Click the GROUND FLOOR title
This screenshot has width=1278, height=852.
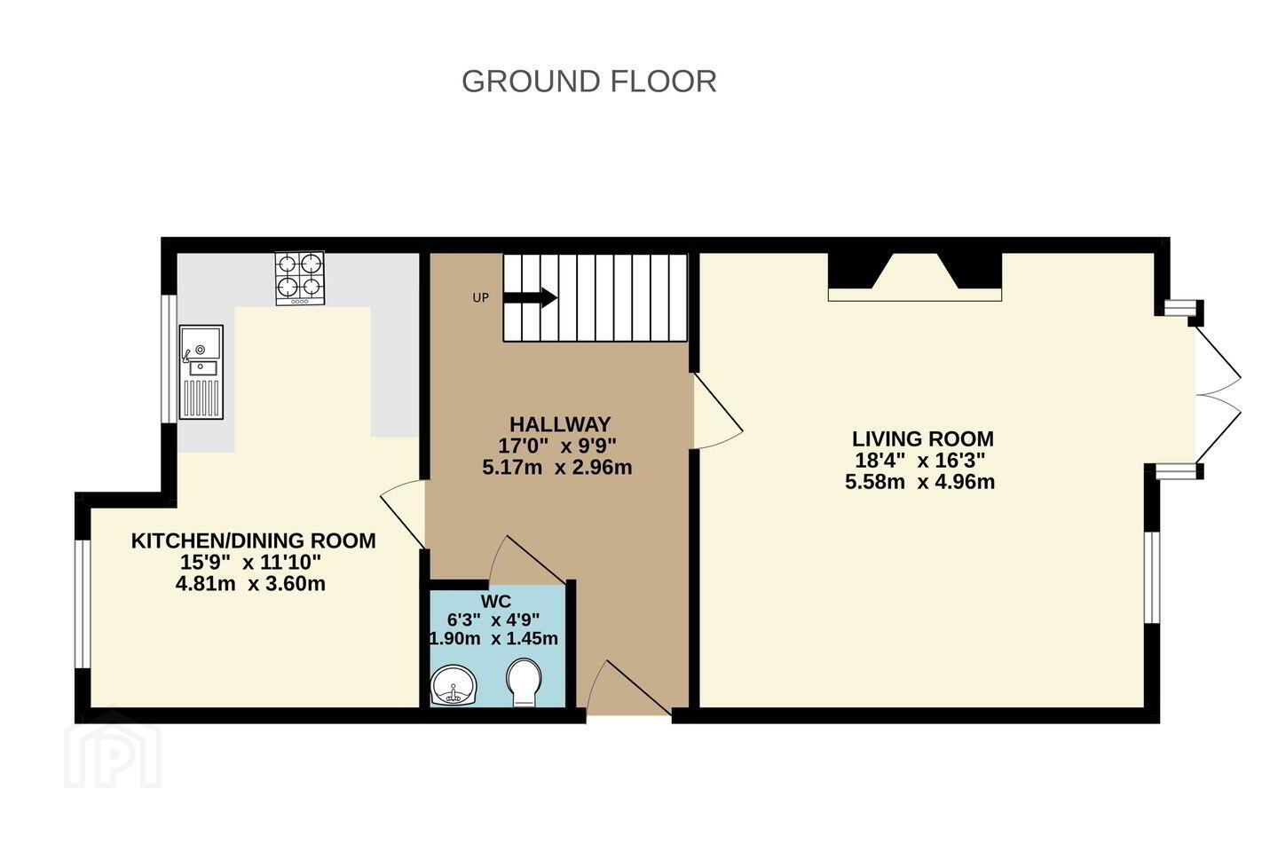coord(588,81)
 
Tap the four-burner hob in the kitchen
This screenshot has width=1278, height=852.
coord(300,279)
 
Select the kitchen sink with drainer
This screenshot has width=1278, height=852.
coord(201,372)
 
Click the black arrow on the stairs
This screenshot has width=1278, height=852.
coord(530,297)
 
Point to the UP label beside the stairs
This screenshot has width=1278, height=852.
coord(480,298)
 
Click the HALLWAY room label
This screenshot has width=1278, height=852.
coord(560,424)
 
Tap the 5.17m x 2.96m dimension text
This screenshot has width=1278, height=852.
coord(556,468)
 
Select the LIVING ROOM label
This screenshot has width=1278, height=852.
coord(923,438)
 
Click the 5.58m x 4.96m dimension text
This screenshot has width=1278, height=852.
coord(919,482)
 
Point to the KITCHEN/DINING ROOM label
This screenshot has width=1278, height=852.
coord(253,540)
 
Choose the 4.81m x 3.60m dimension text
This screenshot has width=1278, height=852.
coord(250,584)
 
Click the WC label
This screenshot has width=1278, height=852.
coord(496,601)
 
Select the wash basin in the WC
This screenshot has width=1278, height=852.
coord(453,685)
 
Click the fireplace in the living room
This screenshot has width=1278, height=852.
coord(914,277)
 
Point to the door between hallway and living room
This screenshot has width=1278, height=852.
coord(717,412)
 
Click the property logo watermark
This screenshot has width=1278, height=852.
coord(113,749)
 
